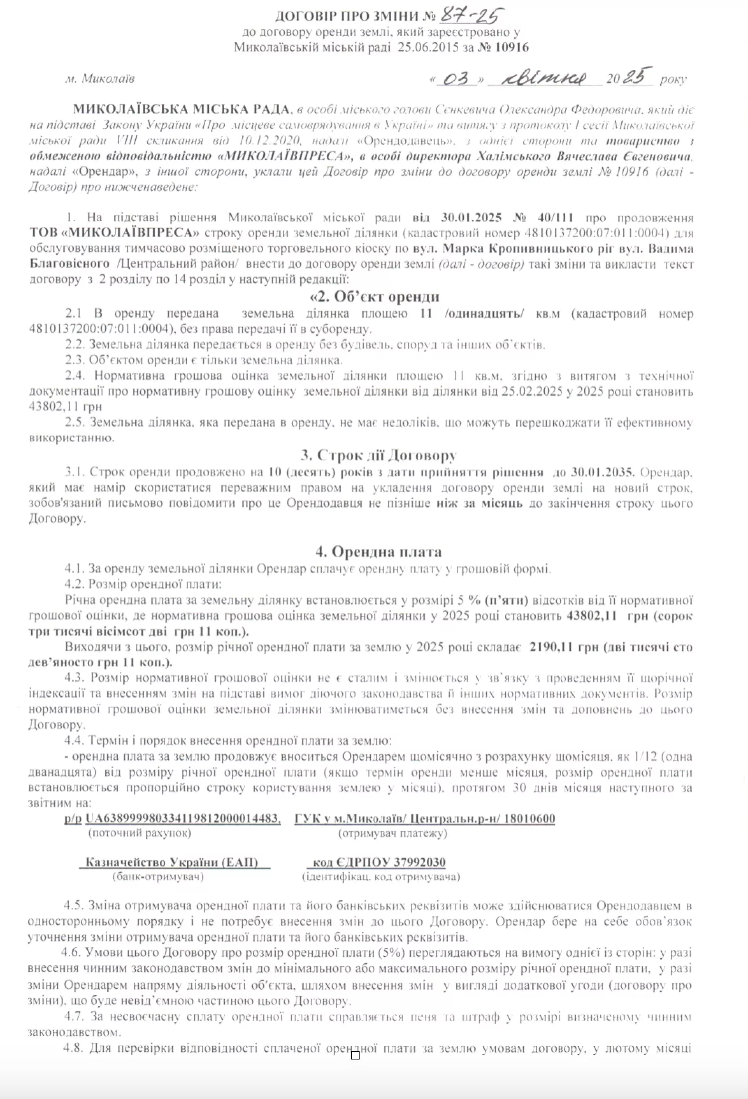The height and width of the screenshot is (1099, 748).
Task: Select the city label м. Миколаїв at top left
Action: pyautogui.click(x=100, y=79)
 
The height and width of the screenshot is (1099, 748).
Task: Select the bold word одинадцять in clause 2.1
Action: pyautogui.click(x=484, y=314)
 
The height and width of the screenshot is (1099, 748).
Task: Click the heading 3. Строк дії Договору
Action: pyautogui.click(x=378, y=455)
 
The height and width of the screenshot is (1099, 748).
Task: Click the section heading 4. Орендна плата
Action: pyautogui.click(x=378, y=552)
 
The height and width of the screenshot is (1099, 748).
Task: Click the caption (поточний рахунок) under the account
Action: pyautogui.click(x=140, y=833)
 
